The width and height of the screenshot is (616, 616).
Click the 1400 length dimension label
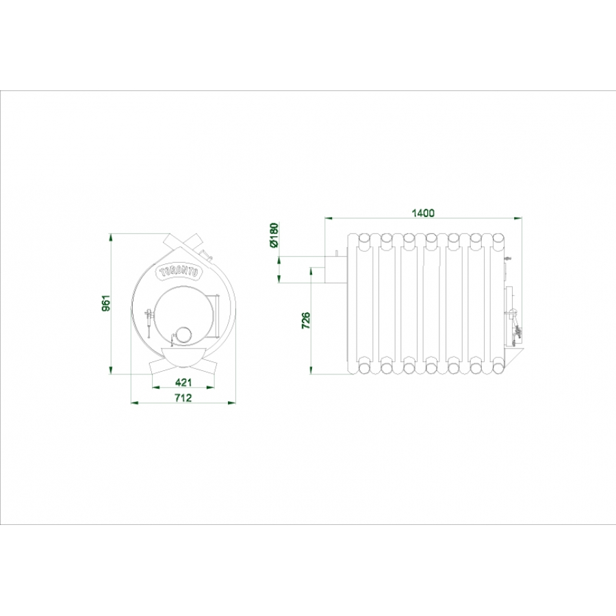click(x=423, y=213)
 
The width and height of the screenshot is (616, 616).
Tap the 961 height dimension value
click(x=106, y=303)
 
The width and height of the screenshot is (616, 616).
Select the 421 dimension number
click(x=183, y=382)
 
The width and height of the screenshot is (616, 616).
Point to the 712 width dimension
click(x=183, y=398)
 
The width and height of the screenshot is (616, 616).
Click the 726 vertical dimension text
click(x=306, y=320)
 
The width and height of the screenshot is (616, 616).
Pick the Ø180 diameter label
click(x=274, y=235)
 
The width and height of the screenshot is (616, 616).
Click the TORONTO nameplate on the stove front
click(x=179, y=272)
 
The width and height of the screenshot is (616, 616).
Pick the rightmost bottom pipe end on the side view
click(x=498, y=368)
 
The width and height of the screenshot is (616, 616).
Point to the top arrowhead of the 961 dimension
click(x=111, y=238)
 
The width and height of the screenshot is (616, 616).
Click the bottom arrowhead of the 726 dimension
click(x=311, y=370)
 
